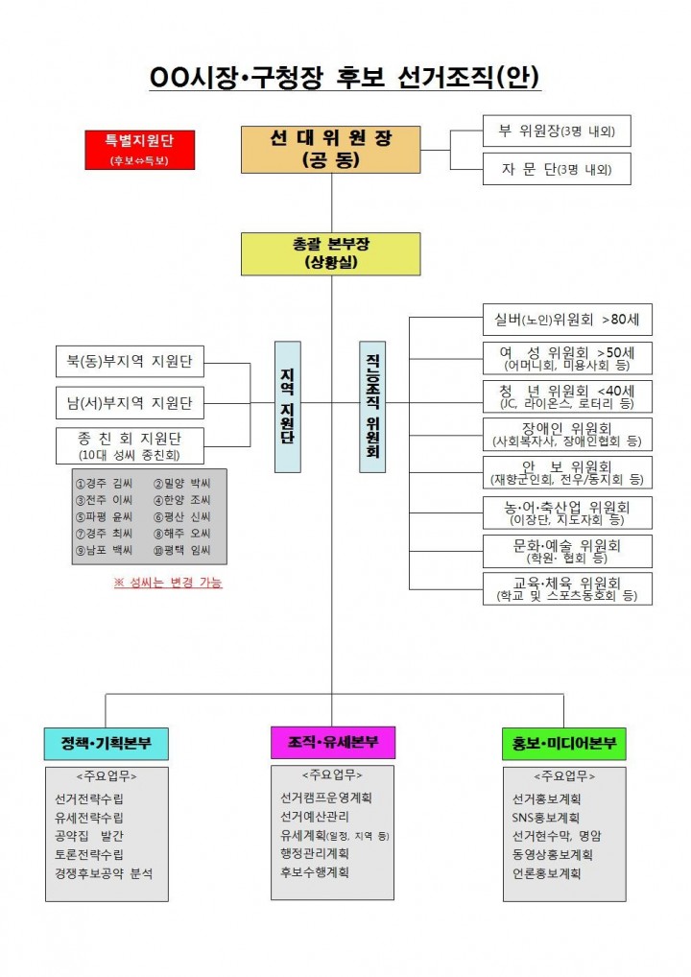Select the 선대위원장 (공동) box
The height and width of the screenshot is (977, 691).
point(330,149)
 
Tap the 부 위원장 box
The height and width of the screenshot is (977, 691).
point(556,131)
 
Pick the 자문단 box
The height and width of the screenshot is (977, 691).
point(556,169)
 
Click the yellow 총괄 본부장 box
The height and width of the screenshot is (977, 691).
point(330,253)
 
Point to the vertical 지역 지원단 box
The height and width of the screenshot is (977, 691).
point(287,407)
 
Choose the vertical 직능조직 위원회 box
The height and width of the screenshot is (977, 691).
point(372,407)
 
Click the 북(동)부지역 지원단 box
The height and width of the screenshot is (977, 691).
point(130,363)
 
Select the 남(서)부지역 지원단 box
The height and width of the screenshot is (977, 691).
point(130,402)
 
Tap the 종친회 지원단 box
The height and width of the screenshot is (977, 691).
point(130,445)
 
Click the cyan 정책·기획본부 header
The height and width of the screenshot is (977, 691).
point(107,743)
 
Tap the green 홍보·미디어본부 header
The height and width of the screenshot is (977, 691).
point(564,743)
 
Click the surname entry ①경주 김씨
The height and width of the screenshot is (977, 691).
point(105,483)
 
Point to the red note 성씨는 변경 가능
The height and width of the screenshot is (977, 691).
point(168,583)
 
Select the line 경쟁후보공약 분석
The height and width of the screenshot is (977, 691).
point(104,873)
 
